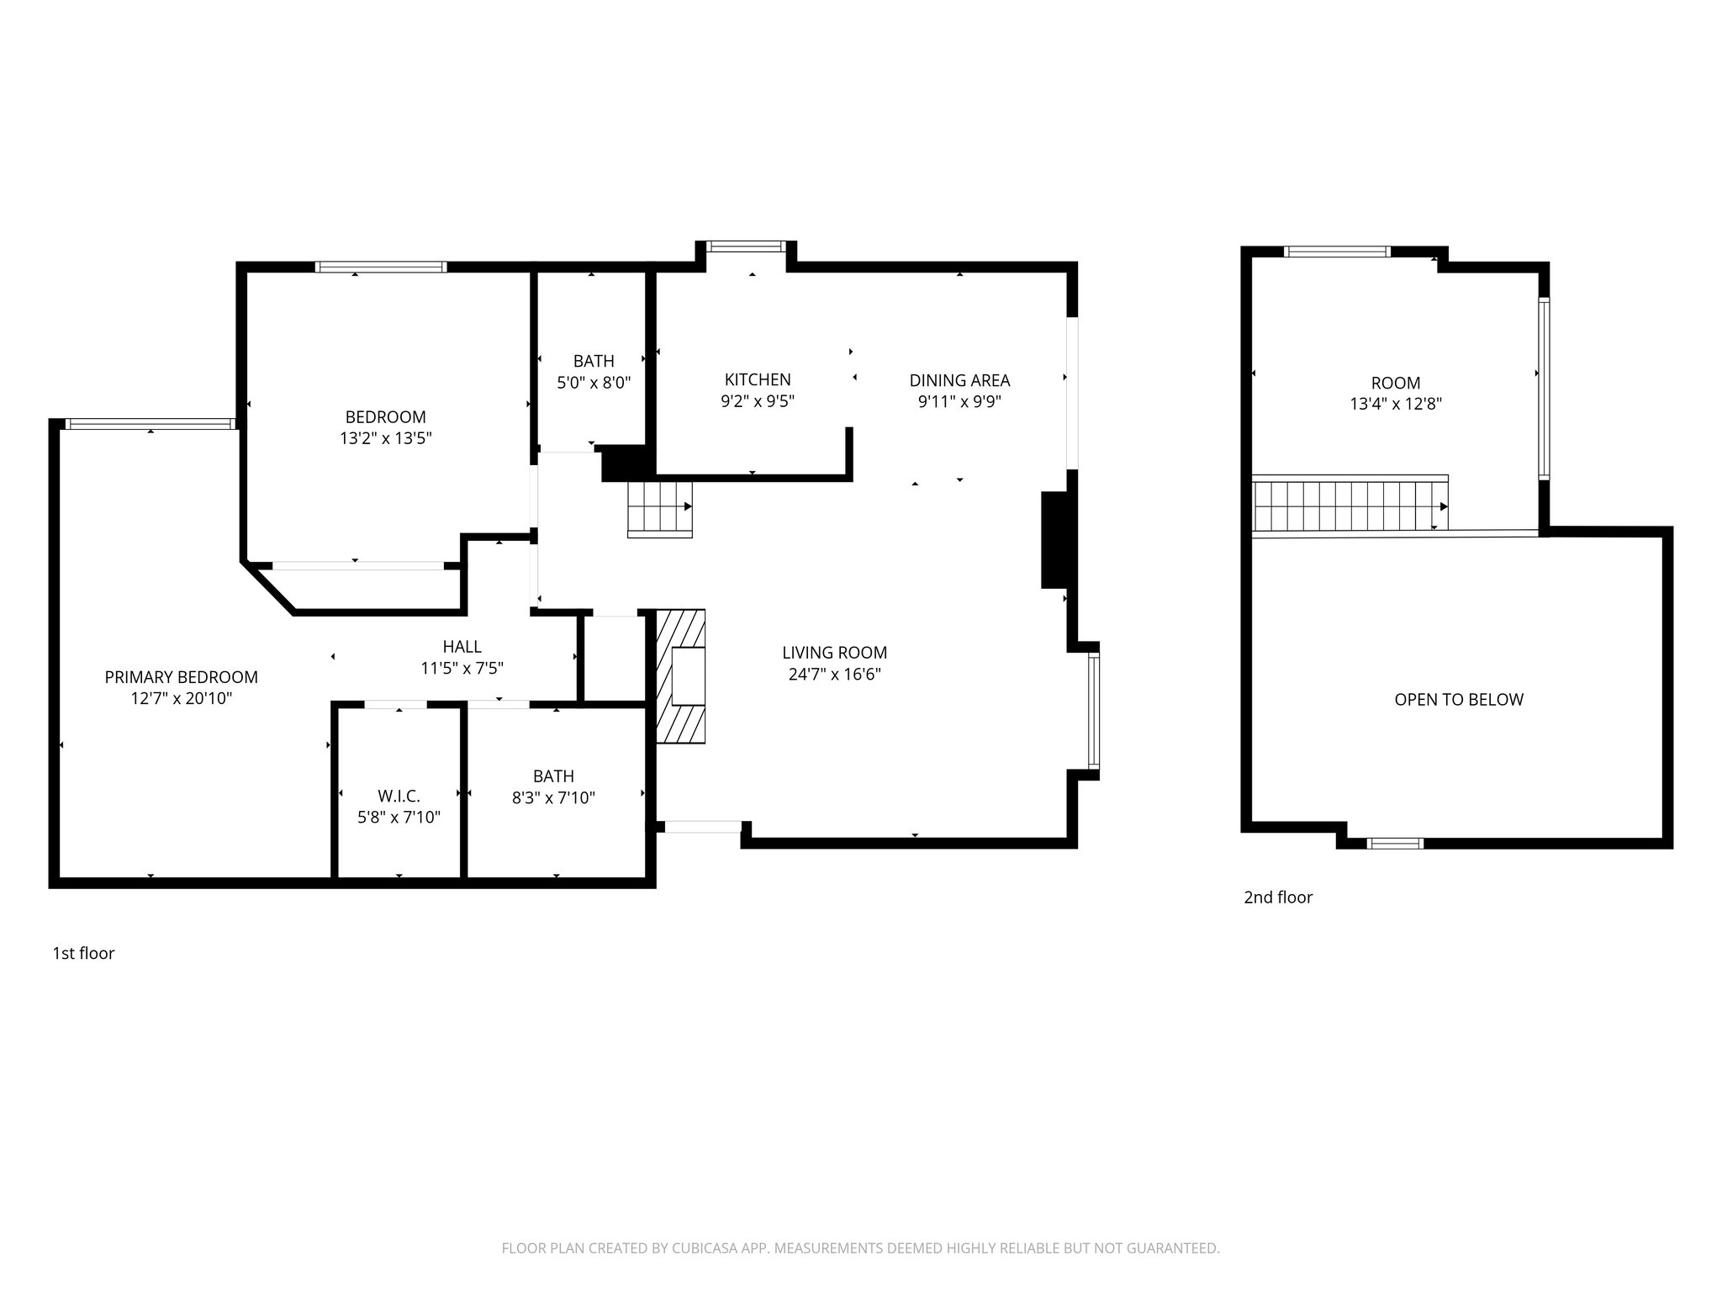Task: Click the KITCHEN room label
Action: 757,379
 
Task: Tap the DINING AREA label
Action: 959,380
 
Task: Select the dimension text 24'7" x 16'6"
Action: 834,674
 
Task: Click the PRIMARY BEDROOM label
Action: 181,677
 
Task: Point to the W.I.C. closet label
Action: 399,796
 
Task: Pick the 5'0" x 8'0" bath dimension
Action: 594,383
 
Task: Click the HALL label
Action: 462,646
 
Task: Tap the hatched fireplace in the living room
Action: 680,676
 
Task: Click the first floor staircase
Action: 660,508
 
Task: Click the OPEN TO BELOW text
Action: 1458,700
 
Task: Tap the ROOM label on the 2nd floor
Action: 1395,383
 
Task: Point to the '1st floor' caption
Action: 83,953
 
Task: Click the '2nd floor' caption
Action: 1277,898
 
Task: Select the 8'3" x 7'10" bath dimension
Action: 553,797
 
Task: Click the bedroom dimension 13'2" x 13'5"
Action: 385,438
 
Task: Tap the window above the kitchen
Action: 746,246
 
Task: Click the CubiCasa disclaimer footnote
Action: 860,1248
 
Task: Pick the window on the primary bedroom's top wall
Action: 150,424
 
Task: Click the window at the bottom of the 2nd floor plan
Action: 1394,843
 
